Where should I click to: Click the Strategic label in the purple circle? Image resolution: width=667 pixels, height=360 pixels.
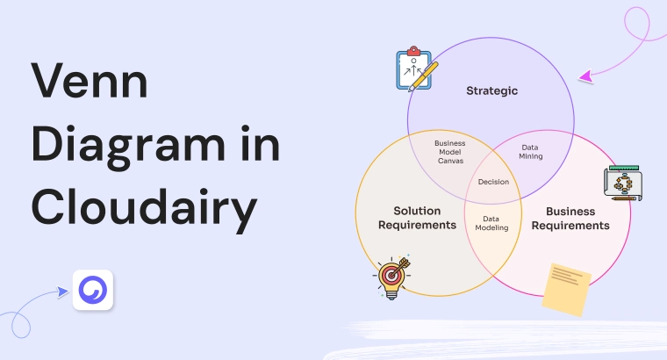[x=491, y=90]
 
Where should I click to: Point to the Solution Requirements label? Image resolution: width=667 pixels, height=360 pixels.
[x=417, y=219]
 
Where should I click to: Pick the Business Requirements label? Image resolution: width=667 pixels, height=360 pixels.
[x=570, y=219]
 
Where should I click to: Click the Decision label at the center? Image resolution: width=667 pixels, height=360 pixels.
[x=493, y=183]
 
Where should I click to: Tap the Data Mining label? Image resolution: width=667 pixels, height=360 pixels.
[x=531, y=152]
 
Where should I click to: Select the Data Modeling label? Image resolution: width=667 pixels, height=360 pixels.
[x=491, y=222]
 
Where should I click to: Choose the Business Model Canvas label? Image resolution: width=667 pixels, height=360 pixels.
[x=450, y=150]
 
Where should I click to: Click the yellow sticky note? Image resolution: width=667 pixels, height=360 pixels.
[x=565, y=288]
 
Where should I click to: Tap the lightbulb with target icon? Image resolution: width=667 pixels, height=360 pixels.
[x=392, y=277]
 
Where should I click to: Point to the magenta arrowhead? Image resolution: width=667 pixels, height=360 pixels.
[x=585, y=78]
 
